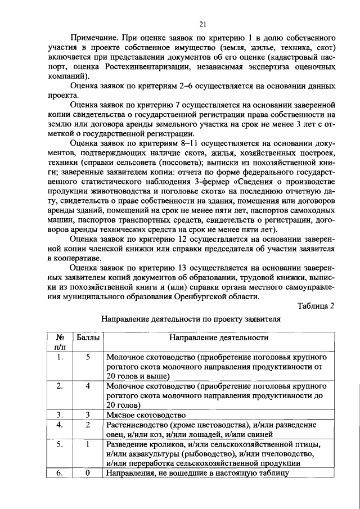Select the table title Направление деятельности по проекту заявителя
point(191,319)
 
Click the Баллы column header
point(87,338)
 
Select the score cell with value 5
point(88,357)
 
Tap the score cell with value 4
point(88,386)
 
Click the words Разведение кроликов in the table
point(143,444)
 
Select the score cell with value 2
point(88,425)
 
